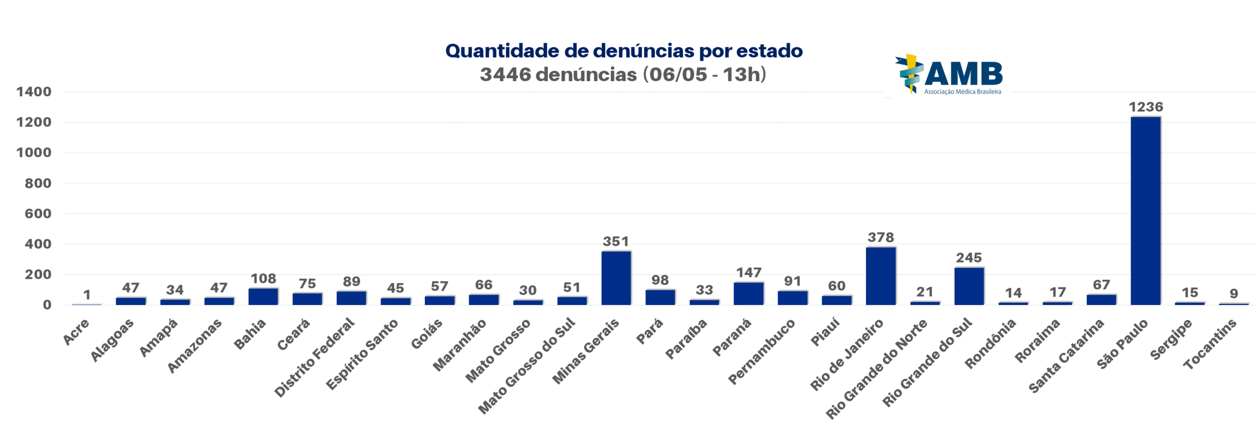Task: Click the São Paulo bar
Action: tap(1145, 211)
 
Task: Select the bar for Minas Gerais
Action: tap(616, 278)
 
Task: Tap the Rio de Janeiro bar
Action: tap(880, 276)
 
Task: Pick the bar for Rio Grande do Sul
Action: tap(969, 286)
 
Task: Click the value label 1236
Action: tap(1145, 107)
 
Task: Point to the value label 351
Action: tap(616, 241)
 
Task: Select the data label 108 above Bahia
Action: tap(263, 279)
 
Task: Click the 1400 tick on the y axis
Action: tap(33, 92)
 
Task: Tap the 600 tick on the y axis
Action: tap(38, 214)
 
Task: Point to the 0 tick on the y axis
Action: tap(47, 305)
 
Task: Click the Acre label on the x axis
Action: tap(76, 332)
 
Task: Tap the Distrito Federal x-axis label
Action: tap(314, 358)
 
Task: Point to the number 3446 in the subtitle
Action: tap(505, 75)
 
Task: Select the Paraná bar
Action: tap(748, 294)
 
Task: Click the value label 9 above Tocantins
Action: tap(1233, 294)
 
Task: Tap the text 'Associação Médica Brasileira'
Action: tap(962, 92)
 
